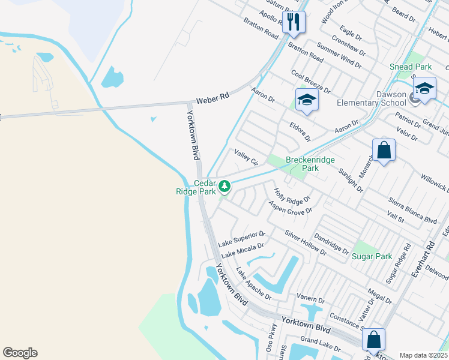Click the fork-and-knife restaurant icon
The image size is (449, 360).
click(293, 22)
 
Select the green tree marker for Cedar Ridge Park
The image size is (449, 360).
click(224, 187)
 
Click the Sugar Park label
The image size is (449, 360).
click(372, 256)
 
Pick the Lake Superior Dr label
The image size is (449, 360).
click(241, 239)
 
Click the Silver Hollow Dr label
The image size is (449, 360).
click(306, 243)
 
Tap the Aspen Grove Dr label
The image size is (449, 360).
click(291, 208)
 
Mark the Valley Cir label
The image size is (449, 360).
click(246, 158)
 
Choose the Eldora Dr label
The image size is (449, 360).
click(300, 133)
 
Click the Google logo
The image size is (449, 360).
click(20, 353)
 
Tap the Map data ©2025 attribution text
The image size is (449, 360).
click(424, 355)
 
